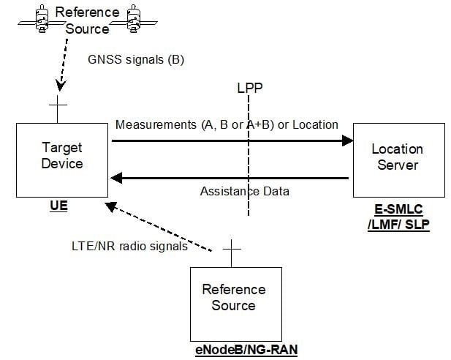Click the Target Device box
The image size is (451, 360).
[61, 159]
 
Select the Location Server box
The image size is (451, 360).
[398, 159]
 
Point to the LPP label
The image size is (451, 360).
[249, 89]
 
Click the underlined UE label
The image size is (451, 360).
[59, 207]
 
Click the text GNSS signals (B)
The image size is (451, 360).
[136, 59]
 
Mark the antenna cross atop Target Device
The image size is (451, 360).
[57, 110]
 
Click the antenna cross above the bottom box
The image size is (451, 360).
[232, 252]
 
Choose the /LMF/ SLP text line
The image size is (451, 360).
[398, 224]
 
